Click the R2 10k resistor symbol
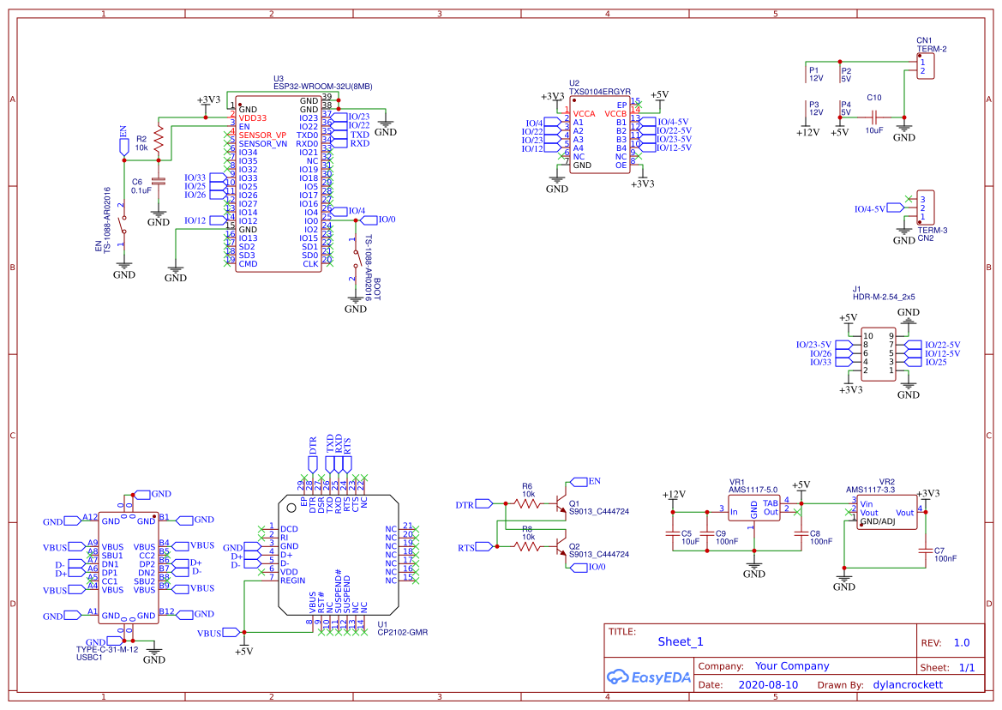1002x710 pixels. point(158,141)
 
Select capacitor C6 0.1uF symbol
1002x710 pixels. point(158,181)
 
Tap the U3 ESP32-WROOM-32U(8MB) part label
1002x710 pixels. point(322,86)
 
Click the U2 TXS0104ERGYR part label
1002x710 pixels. point(600,90)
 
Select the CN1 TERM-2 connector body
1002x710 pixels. point(925,67)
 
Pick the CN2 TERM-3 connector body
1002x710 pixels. point(925,208)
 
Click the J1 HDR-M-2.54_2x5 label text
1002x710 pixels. point(883,297)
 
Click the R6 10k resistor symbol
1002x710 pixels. point(526,502)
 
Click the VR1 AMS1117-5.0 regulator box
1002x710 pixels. point(753,511)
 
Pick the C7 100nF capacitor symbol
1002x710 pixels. point(925,551)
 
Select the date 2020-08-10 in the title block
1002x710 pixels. point(767,685)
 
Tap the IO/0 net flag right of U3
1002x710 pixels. point(384,220)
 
